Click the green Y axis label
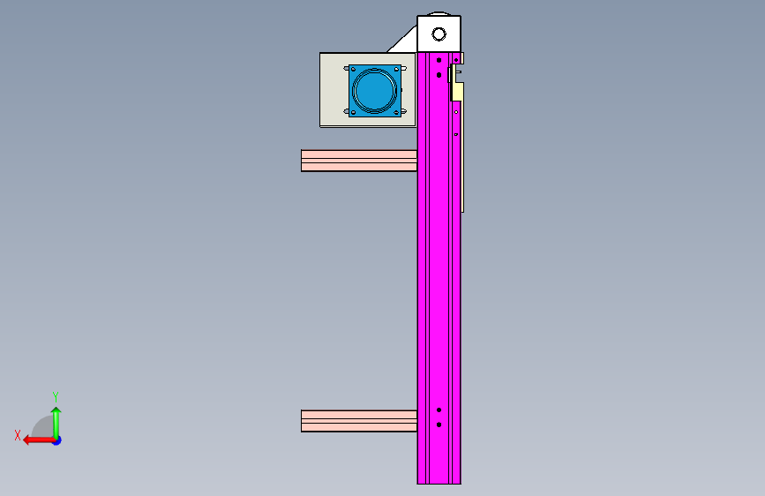56,396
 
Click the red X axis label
18,435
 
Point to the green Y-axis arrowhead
56,410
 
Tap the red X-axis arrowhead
27,440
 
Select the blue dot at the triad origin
57,440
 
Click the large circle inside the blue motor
375,91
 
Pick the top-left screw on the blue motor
353,70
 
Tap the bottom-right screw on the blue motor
396,112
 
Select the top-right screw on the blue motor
396,70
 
